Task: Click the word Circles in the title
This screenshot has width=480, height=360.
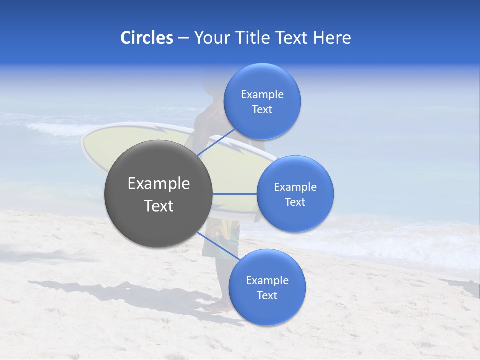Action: [146, 38]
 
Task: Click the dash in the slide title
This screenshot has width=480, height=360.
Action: [183, 38]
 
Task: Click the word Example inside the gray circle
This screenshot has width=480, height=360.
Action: [159, 184]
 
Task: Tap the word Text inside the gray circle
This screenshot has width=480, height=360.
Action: [159, 206]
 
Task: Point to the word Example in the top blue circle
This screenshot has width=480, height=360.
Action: [262, 95]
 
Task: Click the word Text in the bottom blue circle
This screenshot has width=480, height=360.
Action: [267, 295]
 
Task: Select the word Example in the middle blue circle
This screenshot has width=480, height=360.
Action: [295, 187]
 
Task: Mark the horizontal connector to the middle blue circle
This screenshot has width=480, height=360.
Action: [234, 194]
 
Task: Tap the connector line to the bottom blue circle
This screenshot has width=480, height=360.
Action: [215, 245]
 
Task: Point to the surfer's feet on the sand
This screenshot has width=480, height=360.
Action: [220, 306]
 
